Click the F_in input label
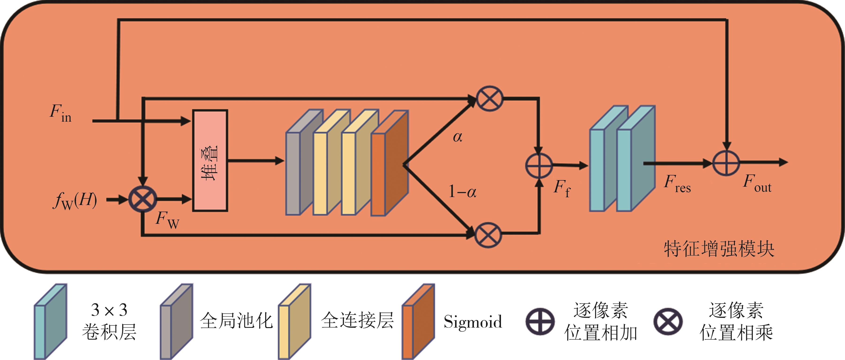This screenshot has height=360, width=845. tap(61, 113)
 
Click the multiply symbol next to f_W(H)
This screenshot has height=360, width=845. tap(143, 199)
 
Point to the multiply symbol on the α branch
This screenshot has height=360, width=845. tap(489, 98)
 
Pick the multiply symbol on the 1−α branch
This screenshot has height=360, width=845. tap(488, 235)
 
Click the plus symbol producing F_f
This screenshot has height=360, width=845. tap(539, 165)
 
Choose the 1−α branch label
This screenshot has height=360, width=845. tap(462, 191)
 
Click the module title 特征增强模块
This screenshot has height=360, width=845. tap(719, 249)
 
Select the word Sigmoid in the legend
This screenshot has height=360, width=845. tap(473, 321)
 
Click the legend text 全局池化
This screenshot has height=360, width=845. tap(236, 321)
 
